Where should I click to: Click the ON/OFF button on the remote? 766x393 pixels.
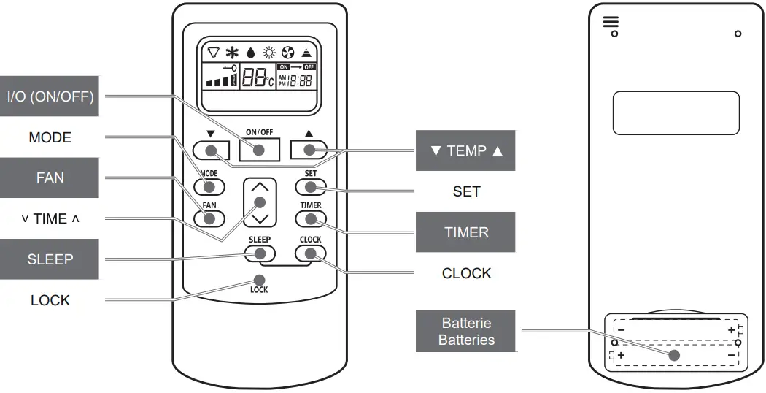click(x=260, y=149)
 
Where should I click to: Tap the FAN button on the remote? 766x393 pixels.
click(x=209, y=218)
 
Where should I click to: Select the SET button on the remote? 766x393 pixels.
click(x=310, y=186)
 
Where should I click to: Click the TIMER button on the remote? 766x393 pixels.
click(x=310, y=218)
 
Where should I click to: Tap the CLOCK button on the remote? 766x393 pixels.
click(x=310, y=253)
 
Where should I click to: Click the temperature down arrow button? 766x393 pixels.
click(x=211, y=150)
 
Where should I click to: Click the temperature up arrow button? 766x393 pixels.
click(x=309, y=149)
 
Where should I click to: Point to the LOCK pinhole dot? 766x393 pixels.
click(x=259, y=280)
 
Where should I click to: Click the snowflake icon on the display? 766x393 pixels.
click(x=232, y=53)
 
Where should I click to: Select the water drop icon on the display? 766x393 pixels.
click(x=251, y=53)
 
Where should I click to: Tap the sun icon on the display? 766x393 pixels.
click(x=269, y=53)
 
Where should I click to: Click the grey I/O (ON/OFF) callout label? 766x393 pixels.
click(x=50, y=96)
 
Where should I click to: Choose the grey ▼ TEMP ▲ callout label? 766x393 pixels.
click(x=465, y=150)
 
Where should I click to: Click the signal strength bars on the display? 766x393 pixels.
click(x=219, y=80)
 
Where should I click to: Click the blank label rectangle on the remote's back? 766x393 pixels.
click(x=676, y=112)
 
